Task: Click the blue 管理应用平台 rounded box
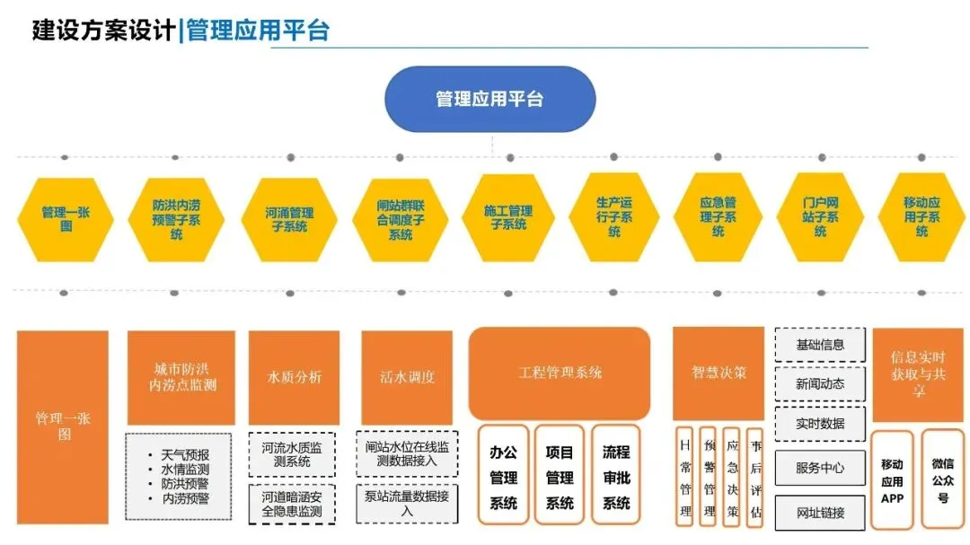[x=489, y=99]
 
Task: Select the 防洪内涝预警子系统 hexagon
[x=176, y=219]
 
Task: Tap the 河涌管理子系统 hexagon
[x=289, y=219]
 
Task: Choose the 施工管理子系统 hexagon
[x=508, y=217]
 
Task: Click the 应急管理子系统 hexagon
[x=718, y=217]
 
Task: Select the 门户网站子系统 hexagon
[x=820, y=217]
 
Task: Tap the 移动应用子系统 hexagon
[x=921, y=217]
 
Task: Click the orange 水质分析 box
[x=294, y=377]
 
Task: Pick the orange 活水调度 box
[x=407, y=377]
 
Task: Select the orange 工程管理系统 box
[x=560, y=373]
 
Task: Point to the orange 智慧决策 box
[x=719, y=373]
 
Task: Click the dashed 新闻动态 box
[x=820, y=383]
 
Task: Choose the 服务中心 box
[x=820, y=468]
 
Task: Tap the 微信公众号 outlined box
[x=942, y=480]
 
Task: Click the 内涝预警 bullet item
[x=185, y=497]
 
